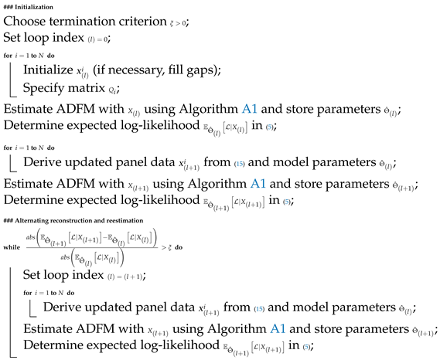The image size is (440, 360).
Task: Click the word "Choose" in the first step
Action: tap(26, 22)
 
